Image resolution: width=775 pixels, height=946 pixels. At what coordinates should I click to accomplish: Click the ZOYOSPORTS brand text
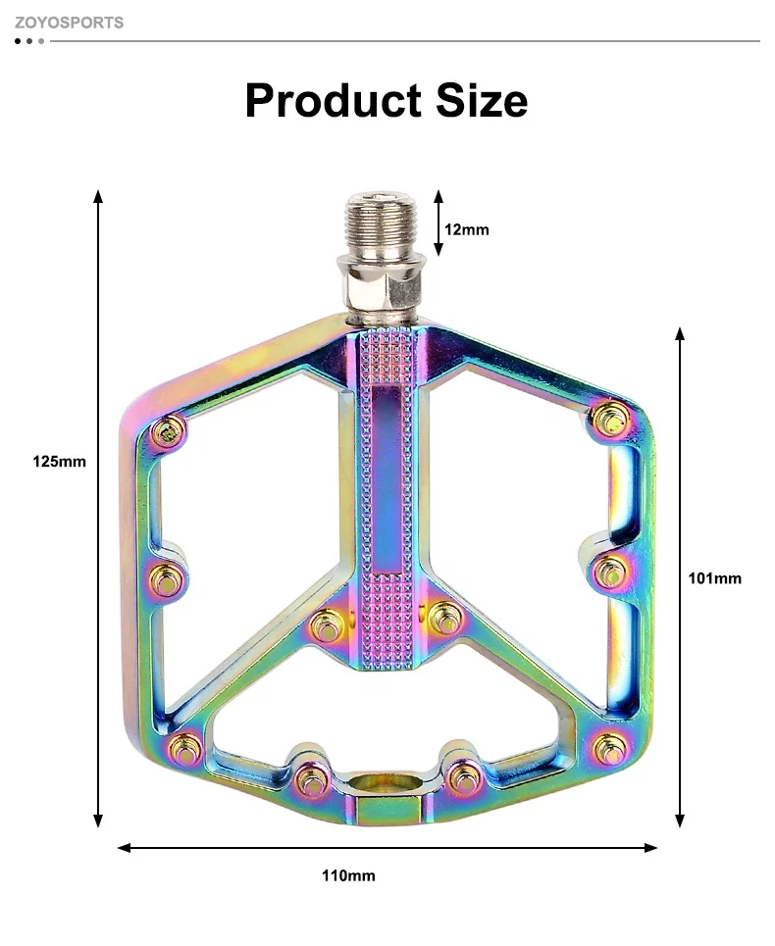click(x=69, y=22)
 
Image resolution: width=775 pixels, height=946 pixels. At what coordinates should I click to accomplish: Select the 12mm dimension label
click(x=467, y=229)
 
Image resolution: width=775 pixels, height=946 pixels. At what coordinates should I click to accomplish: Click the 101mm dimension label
click(x=714, y=578)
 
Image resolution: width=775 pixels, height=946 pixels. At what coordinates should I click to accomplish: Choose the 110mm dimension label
click(x=348, y=875)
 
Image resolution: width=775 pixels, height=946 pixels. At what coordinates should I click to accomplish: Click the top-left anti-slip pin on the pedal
click(x=171, y=429)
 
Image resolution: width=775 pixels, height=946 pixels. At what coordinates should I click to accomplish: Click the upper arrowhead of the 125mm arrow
click(x=98, y=196)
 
